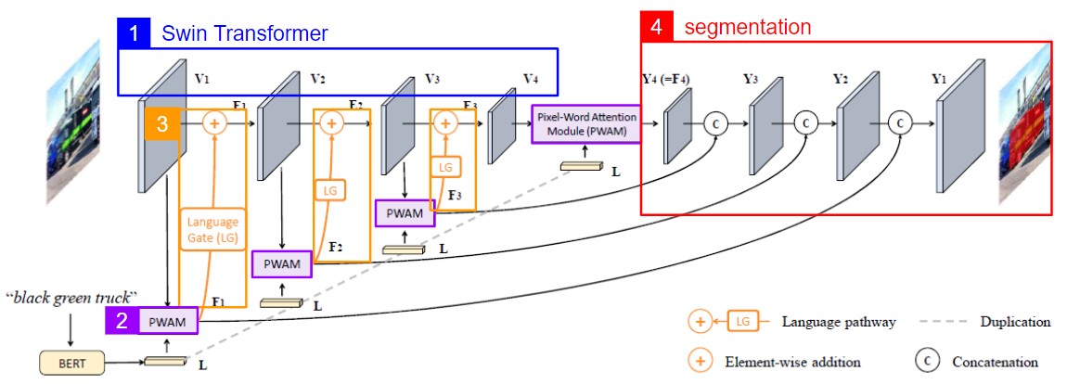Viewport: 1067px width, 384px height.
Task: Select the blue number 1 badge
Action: (135, 33)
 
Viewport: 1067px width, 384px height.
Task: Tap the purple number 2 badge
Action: (122, 322)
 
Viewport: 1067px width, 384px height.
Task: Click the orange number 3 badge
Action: (161, 124)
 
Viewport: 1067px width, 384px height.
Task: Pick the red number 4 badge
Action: (657, 27)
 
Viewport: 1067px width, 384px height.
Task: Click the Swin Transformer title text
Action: (244, 34)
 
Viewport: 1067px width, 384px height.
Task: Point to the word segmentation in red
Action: (747, 27)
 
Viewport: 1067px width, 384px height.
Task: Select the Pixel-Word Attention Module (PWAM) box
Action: (585, 124)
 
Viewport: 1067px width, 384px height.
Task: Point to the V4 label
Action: (530, 79)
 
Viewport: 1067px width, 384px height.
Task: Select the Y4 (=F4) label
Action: (667, 79)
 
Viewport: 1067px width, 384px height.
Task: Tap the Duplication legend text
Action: (1014, 322)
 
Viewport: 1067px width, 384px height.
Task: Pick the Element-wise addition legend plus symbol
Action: (701, 362)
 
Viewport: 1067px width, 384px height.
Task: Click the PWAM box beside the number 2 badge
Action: (168, 322)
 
